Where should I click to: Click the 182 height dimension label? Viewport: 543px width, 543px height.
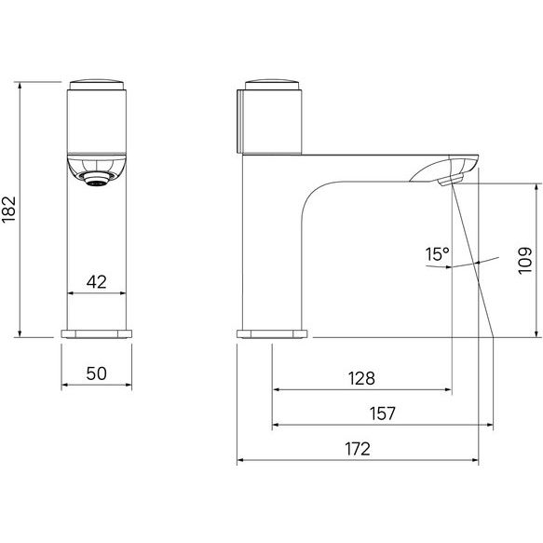click(8, 210)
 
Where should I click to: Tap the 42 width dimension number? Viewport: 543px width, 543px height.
click(97, 282)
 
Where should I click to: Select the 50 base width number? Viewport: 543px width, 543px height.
click(96, 373)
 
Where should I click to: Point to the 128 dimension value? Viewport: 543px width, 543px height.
click(361, 378)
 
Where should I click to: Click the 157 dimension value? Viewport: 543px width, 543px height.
click(382, 414)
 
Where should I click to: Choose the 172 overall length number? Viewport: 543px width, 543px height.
click(358, 449)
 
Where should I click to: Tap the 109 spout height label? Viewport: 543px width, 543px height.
click(524, 261)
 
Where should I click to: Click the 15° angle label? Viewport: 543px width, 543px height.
click(438, 254)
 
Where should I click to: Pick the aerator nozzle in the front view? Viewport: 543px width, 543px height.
click(97, 179)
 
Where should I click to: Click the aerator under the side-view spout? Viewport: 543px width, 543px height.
click(450, 180)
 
